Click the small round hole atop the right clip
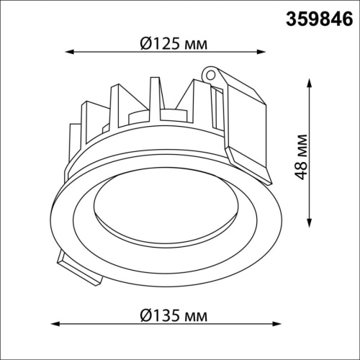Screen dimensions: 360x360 (x=211, y=73)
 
